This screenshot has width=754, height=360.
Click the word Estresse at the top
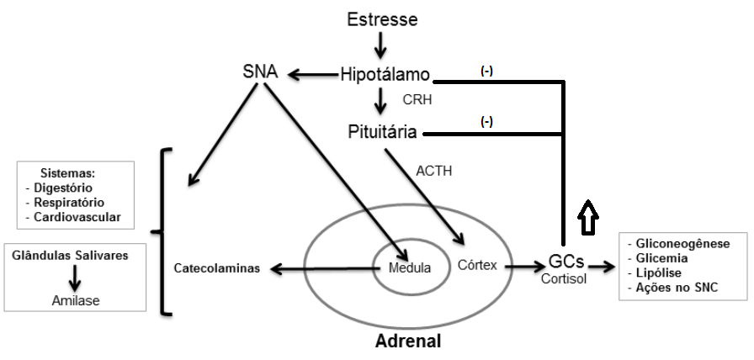tap(382, 19)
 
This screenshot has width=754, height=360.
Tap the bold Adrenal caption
tap(407, 342)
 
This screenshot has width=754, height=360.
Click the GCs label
tap(565, 263)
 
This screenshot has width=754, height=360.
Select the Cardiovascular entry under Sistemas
tap(80, 217)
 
